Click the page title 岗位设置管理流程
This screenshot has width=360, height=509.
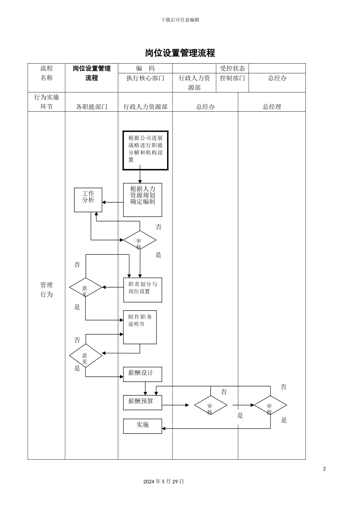(x=180, y=53)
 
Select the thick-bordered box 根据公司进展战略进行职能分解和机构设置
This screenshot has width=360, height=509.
(x=145, y=150)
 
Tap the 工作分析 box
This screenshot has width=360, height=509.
(x=88, y=200)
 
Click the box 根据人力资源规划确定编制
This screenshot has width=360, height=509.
(x=142, y=200)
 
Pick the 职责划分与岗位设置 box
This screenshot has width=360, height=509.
(x=142, y=290)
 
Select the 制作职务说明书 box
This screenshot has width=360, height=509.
(x=140, y=327)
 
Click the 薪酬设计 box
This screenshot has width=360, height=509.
(x=142, y=374)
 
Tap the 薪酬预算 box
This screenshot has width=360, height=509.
(x=142, y=402)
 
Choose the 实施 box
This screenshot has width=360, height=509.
(x=142, y=426)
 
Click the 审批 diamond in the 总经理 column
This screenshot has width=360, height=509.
(x=270, y=406)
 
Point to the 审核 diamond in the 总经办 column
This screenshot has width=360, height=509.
(x=211, y=406)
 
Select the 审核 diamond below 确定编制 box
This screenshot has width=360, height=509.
(x=139, y=240)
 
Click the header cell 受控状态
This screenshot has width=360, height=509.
(x=232, y=69)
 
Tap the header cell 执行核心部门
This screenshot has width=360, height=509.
(x=145, y=78)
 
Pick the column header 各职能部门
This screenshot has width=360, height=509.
(x=91, y=107)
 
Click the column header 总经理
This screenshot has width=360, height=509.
(x=272, y=107)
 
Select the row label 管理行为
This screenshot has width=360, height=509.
(x=47, y=290)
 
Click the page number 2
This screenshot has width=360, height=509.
(x=324, y=469)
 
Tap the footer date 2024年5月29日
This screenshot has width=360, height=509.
(x=164, y=482)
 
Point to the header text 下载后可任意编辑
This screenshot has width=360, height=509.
(x=180, y=20)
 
